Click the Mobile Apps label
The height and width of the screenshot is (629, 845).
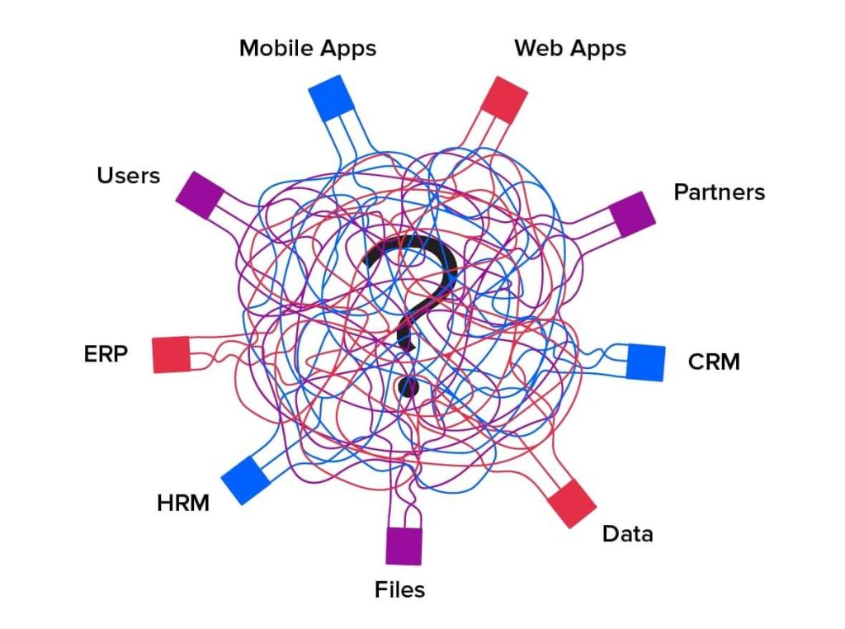click(x=307, y=49)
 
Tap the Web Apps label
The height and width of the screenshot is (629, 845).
click(x=569, y=49)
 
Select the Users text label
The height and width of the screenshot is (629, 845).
click(x=128, y=175)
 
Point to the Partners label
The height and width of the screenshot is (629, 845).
click(x=719, y=192)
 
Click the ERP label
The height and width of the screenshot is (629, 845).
click(x=106, y=354)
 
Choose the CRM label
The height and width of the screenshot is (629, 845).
click(x=714, y=362)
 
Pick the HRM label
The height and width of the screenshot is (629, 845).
click(x=183, y=502)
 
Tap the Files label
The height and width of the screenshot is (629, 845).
click(x=399, y=589)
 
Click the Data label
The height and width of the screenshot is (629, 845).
click(x=627, y=534)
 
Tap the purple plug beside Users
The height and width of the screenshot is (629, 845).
click(x=200, y=195)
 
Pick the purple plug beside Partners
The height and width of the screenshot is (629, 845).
click(x=632, y=213)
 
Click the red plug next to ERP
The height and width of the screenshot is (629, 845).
click(x=171, y=354)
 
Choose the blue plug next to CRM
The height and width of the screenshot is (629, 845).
click(x=645, y=362)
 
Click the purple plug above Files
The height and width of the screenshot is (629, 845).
click(x=404, y=545)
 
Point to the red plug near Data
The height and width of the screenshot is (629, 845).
click(x=571, y=502)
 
